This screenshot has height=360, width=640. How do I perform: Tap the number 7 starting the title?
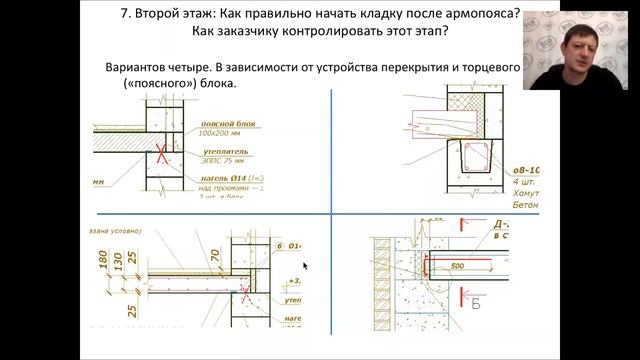122,14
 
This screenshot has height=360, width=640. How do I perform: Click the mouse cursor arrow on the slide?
304,266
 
